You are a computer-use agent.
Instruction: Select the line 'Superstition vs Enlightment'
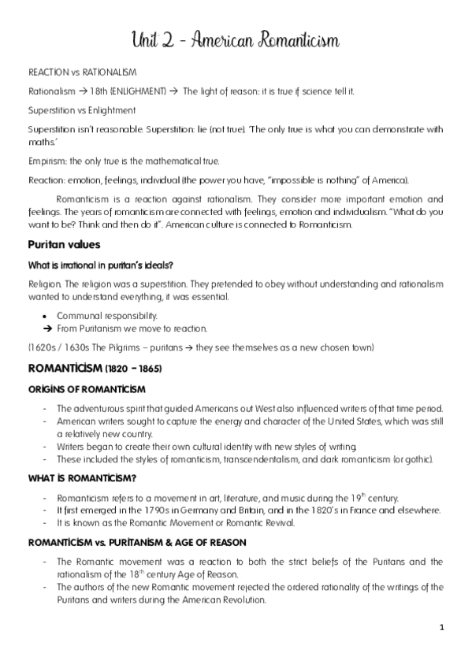pos(82,110)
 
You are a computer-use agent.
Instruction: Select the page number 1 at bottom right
pos(442,627)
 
